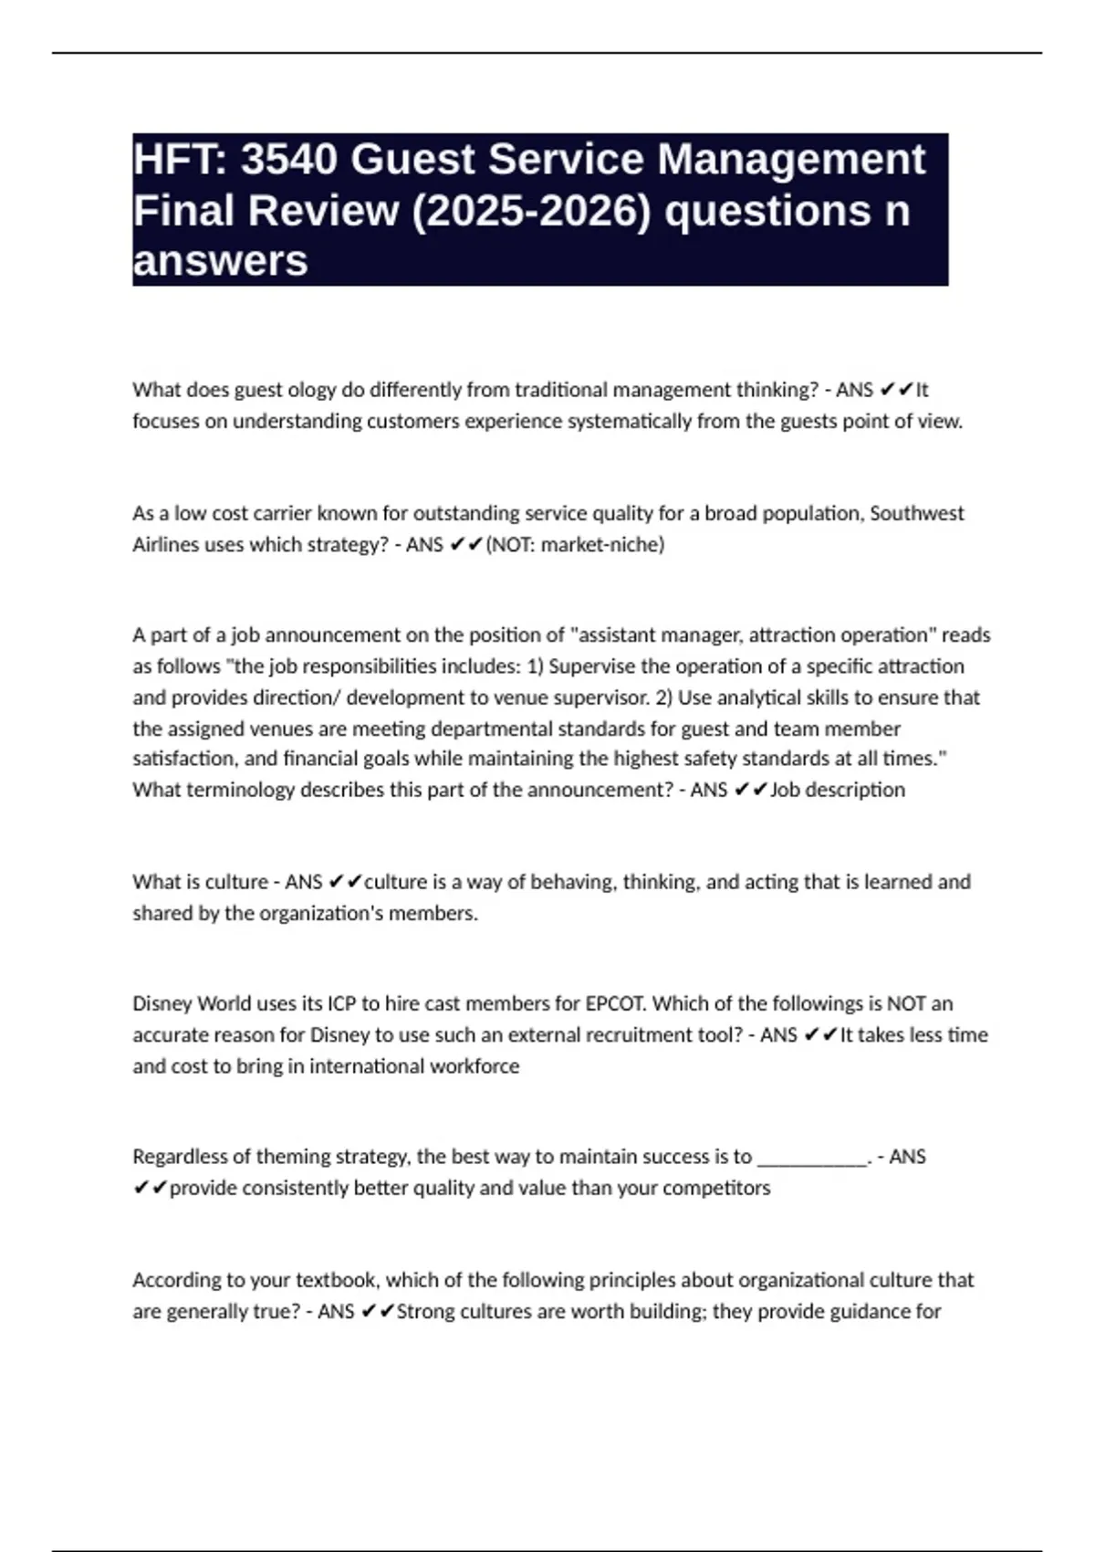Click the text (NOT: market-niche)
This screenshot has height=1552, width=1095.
click(575, 545)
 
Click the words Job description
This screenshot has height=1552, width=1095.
click(838, 790)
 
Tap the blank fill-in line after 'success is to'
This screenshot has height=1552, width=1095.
click(813, 1158)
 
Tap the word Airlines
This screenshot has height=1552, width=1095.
click(162, 545)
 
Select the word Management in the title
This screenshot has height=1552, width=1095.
click(790, 160)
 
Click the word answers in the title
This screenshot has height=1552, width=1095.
click(220, 261)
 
